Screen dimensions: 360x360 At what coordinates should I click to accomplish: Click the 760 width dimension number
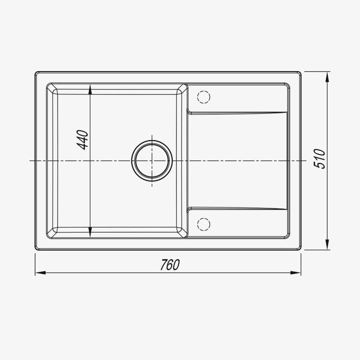(170, 265)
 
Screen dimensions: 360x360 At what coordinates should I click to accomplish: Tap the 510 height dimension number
(319, 159)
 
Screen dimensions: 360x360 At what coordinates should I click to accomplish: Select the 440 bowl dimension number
(82, 140)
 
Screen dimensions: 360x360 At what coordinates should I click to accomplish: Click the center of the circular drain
(152, 161)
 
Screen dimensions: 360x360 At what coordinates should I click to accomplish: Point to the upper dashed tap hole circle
(204, 97)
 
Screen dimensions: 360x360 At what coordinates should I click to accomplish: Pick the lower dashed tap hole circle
(204, 224)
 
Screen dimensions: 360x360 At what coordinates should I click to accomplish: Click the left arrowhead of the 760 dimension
(40, 273)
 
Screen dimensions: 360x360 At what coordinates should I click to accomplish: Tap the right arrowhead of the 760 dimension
(296, 273)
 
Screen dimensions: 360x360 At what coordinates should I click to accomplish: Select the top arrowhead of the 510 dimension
(328, 76)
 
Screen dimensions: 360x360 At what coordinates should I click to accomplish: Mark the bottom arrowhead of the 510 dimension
(328, 244)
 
